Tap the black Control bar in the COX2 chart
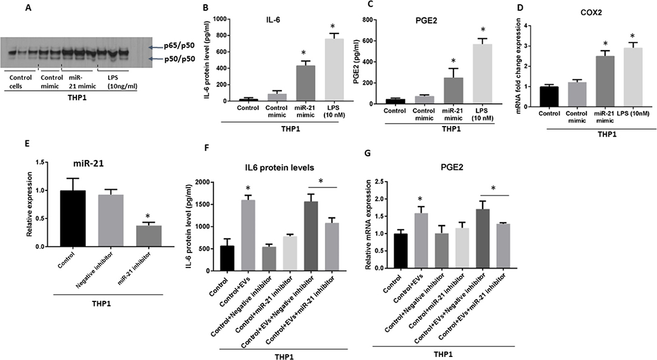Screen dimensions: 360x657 (548, 95)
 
